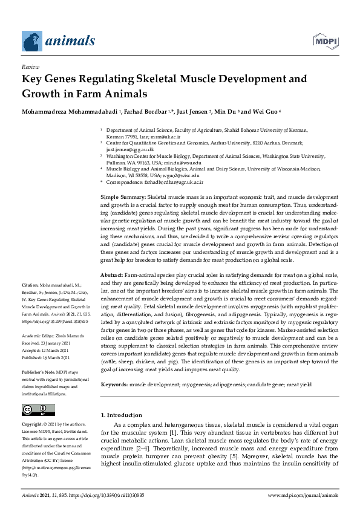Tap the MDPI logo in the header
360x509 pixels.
325,41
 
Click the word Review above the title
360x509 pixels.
30,66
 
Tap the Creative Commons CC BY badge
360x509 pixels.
35,410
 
